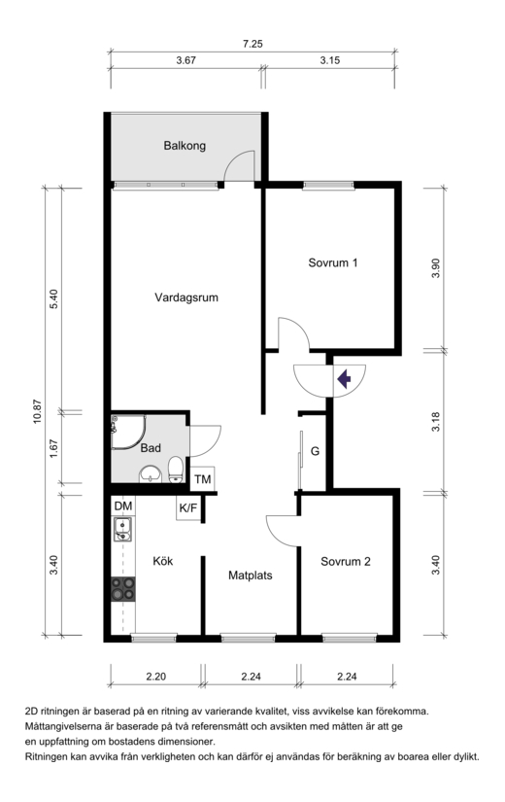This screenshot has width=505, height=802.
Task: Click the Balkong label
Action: (x=185, y=146)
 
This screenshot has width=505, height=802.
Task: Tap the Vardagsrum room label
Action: (x=186, y=297)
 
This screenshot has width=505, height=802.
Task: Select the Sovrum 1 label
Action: (x=333, y=262)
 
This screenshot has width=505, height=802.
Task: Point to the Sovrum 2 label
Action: (x=346, y=562)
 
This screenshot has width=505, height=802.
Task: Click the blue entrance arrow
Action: (x=344, y=379)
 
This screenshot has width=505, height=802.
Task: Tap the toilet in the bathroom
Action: (x=176, y=470)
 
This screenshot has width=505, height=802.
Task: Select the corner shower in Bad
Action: (x=128, y=433)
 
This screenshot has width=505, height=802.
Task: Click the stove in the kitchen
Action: (x=123, y=589)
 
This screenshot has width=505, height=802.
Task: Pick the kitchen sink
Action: (x=122, y=529)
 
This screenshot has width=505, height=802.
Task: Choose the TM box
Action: (x=202, y=479)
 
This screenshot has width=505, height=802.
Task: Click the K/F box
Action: (x=188, y=508)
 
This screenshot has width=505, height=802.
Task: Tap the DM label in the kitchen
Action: (x=123, y=506)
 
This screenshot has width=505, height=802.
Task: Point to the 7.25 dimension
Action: (x=252, y=44)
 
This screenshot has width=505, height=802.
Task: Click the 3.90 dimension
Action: (x=435, y=268)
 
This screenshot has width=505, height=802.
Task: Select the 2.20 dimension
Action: (x=156, y=677)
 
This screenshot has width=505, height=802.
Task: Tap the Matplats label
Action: (x=250, y=575)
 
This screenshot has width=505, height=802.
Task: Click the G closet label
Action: (x=316, y=452)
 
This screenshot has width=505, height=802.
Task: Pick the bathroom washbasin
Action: (x=151, y=474)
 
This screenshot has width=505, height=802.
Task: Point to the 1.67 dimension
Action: (x=53, y=448)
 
